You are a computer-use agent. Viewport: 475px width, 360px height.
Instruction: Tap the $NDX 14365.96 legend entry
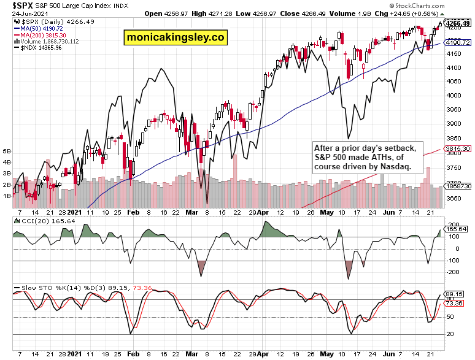pos(38,48)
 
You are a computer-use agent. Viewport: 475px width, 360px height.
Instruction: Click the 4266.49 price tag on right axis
pos(458,23)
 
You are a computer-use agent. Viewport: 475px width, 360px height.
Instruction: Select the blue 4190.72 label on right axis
pos(458,43)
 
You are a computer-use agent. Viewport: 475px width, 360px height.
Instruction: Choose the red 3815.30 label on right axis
pos(458,149)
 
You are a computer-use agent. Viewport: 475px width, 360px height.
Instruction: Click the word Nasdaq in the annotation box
pos(395,167)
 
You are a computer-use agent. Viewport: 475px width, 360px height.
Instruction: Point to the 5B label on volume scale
pos(7,150)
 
